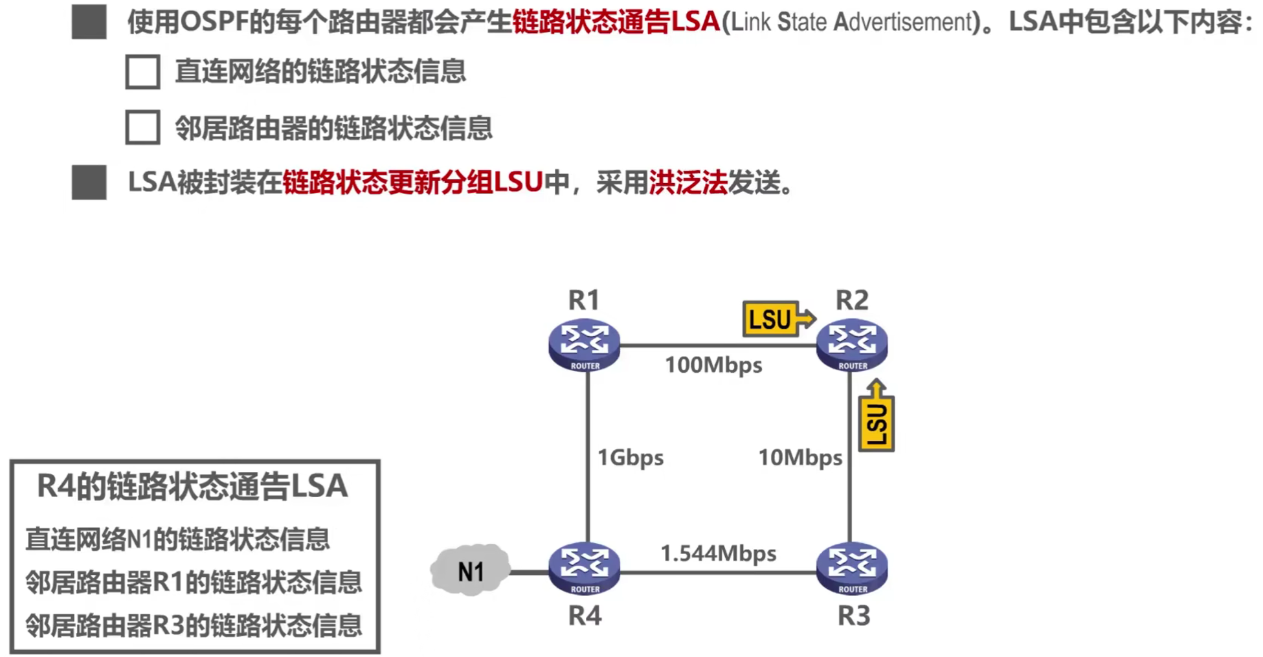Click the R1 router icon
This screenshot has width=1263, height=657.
(584, 345)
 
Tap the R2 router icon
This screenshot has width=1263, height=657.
(852, 345)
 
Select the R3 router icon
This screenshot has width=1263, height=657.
(852, 568)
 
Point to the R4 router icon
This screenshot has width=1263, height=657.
(584, 568)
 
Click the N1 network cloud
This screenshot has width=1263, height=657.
(471, 570)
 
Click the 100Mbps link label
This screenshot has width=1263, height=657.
(713, 365)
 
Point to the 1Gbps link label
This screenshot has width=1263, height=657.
(630, 458)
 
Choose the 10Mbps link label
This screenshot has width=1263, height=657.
(800, 458)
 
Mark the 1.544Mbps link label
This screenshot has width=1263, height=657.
(718, 553)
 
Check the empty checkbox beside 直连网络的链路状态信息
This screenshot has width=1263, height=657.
(142, 71)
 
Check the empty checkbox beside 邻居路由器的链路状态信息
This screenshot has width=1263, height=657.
(142, 127)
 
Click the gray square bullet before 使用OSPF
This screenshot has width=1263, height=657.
(89, 22)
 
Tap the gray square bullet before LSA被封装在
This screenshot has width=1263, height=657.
(89, 183)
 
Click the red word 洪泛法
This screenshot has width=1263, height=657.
(688, 183)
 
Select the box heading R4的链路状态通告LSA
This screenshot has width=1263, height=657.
(192, 486)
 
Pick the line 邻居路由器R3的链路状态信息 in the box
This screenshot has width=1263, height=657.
(194, 625)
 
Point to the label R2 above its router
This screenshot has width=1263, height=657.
(852, 300)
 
